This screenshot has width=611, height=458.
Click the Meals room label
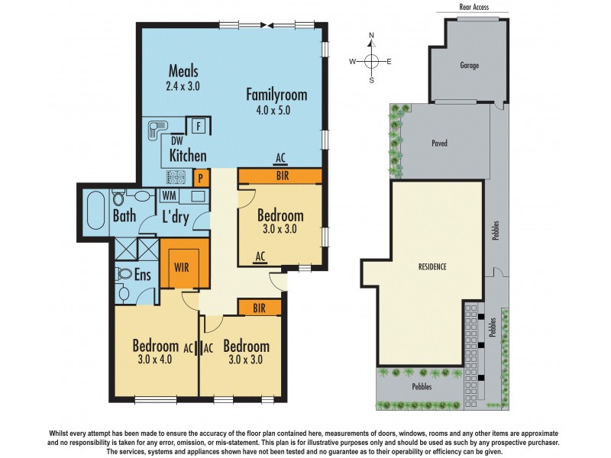[x=183, y=72]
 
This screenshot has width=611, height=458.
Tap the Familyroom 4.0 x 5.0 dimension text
[x=267, y=110]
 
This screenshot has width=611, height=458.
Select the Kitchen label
[x=188, y=156]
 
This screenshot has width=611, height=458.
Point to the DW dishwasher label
[x=176, y=141]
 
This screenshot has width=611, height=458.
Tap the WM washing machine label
[x=170, y=196]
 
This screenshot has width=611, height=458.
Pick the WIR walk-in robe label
[x=182, y=268]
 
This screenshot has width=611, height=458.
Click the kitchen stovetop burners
[x=176, y=178]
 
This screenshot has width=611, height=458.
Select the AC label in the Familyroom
[x=280, y=158]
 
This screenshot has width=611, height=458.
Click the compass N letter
[x=371, y=36]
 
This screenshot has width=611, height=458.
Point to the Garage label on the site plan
[x=470, y=66]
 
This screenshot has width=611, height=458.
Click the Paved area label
[x=439, y=143]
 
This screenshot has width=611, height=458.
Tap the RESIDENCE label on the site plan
[x=432, y=267]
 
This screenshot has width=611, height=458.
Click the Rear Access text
[x=474, y=7]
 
